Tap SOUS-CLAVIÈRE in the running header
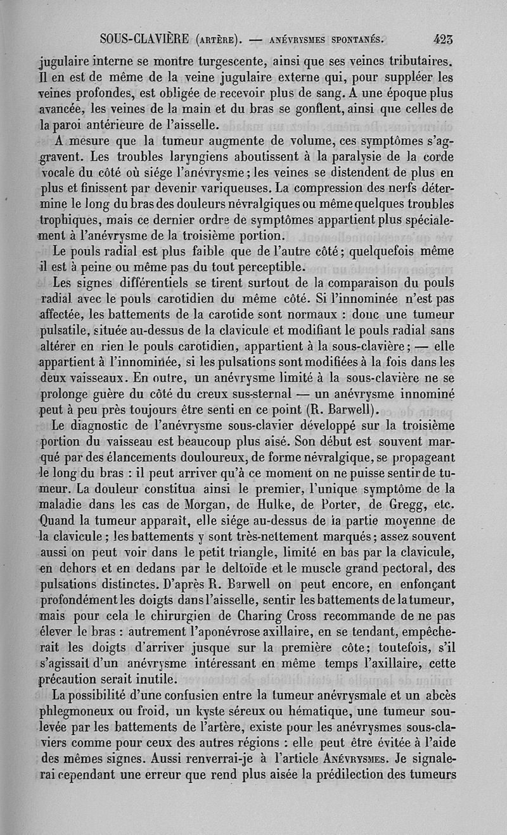tap(144, 40)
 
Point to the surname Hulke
tap(276, 505)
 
